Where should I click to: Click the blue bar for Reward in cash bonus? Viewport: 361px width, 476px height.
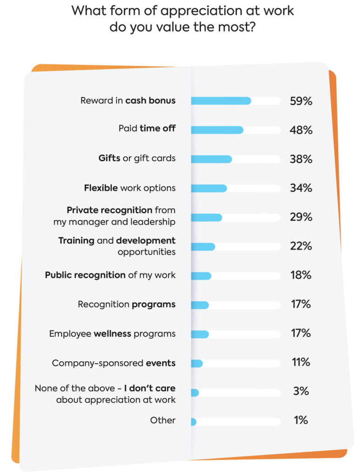[x=221, y=101]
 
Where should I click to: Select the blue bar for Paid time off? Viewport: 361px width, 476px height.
[x=217, y=130]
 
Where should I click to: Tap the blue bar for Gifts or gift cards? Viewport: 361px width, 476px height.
[x=211, y=159]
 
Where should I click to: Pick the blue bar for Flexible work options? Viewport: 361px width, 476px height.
[x=209, y=188]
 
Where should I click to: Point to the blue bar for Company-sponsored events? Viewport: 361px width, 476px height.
[x=197, y=364]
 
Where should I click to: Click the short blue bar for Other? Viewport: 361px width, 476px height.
[x=194, y=422]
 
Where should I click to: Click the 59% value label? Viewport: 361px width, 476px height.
[x=301, y=101]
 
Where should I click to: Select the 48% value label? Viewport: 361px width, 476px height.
[x=301, y=130]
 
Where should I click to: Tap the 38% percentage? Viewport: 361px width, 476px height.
[x=301, y=159]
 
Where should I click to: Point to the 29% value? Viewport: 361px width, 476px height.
[x=301, y=217]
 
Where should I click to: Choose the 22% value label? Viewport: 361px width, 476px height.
[x=301, y=246]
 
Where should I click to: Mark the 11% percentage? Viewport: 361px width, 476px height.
[x=301, y=363]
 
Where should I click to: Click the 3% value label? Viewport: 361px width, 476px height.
[x=301, y=391]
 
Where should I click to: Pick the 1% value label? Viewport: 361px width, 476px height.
[x=301, y=421]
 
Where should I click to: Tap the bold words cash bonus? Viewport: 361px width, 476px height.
[x=150, y=100]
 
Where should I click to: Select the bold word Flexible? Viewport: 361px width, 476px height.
[x=101, y=188]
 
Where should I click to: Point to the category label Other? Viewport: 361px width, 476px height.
[x=163, y=420]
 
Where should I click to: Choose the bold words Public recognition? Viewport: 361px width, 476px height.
[x=85, y=275]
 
